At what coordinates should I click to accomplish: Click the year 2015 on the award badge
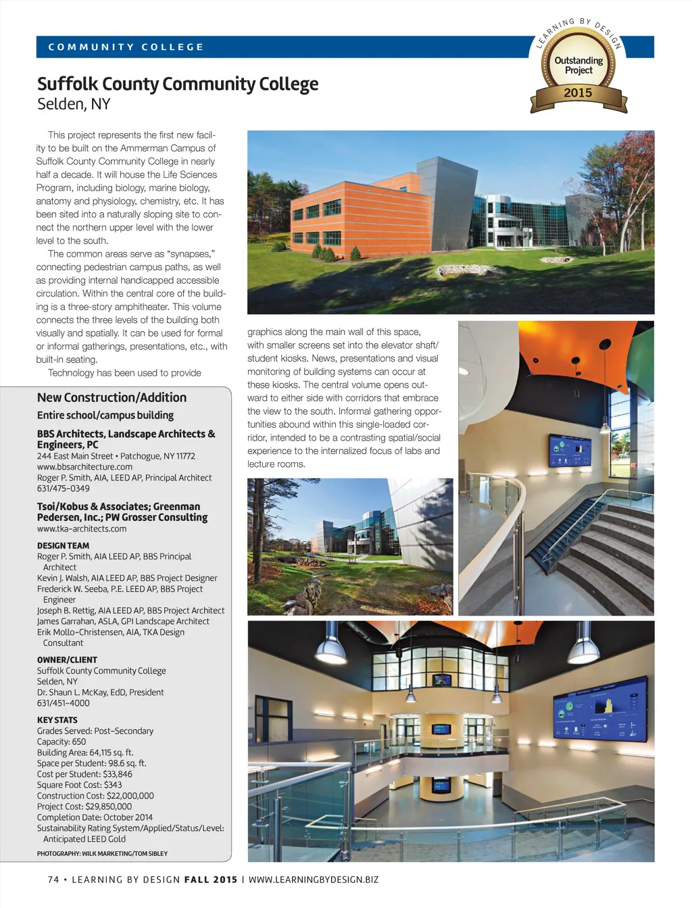point(578,93)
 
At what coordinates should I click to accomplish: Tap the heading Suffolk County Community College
point(178,84)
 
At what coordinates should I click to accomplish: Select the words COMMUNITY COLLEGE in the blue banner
point(126,47)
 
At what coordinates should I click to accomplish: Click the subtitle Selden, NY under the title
point(74,105)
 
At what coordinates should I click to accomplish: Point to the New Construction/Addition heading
point(112,398)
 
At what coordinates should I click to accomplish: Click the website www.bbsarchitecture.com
point(84,467)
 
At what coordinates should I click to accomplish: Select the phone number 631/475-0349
point(63,488)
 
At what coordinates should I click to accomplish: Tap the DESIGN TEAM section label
point(63,546)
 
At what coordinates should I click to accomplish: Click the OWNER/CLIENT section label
point(67,660)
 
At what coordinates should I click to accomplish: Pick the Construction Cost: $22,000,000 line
point(95,796)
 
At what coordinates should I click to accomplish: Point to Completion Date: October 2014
point(95,817)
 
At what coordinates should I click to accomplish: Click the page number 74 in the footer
point(53,880)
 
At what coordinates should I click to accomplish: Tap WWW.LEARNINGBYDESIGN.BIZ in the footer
point(314,880)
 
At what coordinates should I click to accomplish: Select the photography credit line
point(102,854)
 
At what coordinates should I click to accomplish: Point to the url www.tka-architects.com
point(82,529)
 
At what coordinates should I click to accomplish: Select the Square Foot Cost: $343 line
point(80,785)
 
